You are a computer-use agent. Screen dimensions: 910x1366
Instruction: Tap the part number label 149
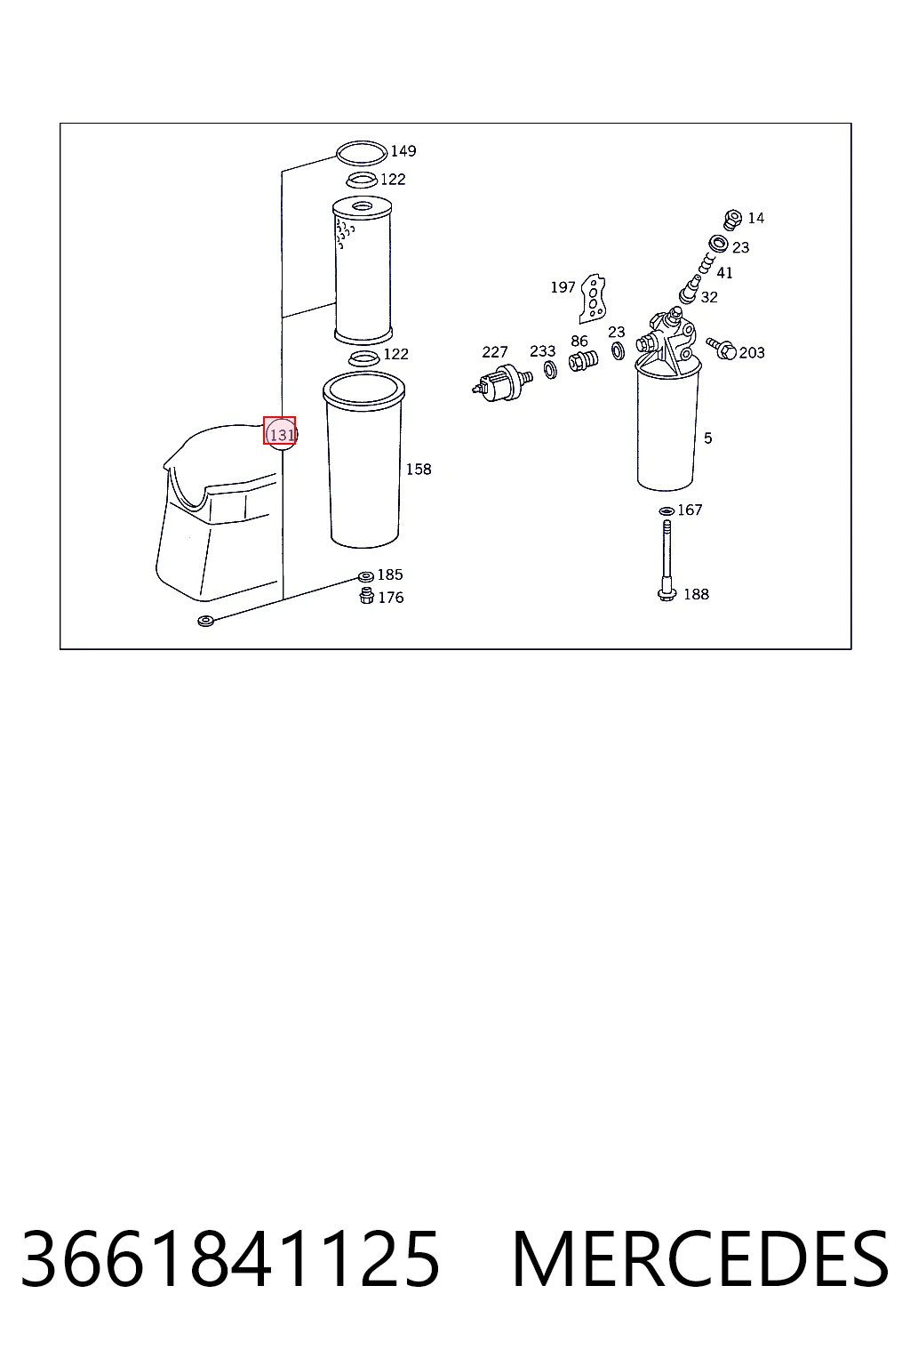[x=403, y=151]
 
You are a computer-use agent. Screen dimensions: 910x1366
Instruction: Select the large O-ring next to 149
[x=362, y=153]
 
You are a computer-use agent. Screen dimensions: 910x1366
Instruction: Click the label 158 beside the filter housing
[x=419, y=470]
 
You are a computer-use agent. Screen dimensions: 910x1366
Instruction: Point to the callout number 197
[x=563, y=287]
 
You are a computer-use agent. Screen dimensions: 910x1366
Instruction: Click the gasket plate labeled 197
[x=593, y=298]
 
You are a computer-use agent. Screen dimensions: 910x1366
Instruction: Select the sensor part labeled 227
[x=502, y=383]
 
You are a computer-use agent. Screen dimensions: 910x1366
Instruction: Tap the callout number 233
[x=542, y=351]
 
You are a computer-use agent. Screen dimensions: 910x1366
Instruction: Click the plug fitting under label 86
[x=583, y=360]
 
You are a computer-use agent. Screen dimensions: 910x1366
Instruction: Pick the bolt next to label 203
[x=722, y=349]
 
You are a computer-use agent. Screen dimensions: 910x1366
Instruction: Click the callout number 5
[x=707, y=438]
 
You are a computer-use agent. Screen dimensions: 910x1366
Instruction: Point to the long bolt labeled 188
[x=667, y=560]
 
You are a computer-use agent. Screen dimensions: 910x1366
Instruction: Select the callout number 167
[x=690, y=510]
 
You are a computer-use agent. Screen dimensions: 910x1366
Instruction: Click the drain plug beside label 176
[x=366, y=595]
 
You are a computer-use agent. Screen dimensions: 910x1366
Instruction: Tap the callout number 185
[x=390, y=575]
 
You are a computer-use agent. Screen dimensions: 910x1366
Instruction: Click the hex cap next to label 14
[x=732, y=219]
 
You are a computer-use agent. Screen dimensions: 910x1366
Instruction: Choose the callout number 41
[x=724, y=273]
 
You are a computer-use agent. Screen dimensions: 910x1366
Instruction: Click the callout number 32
[x=709, y=298]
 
